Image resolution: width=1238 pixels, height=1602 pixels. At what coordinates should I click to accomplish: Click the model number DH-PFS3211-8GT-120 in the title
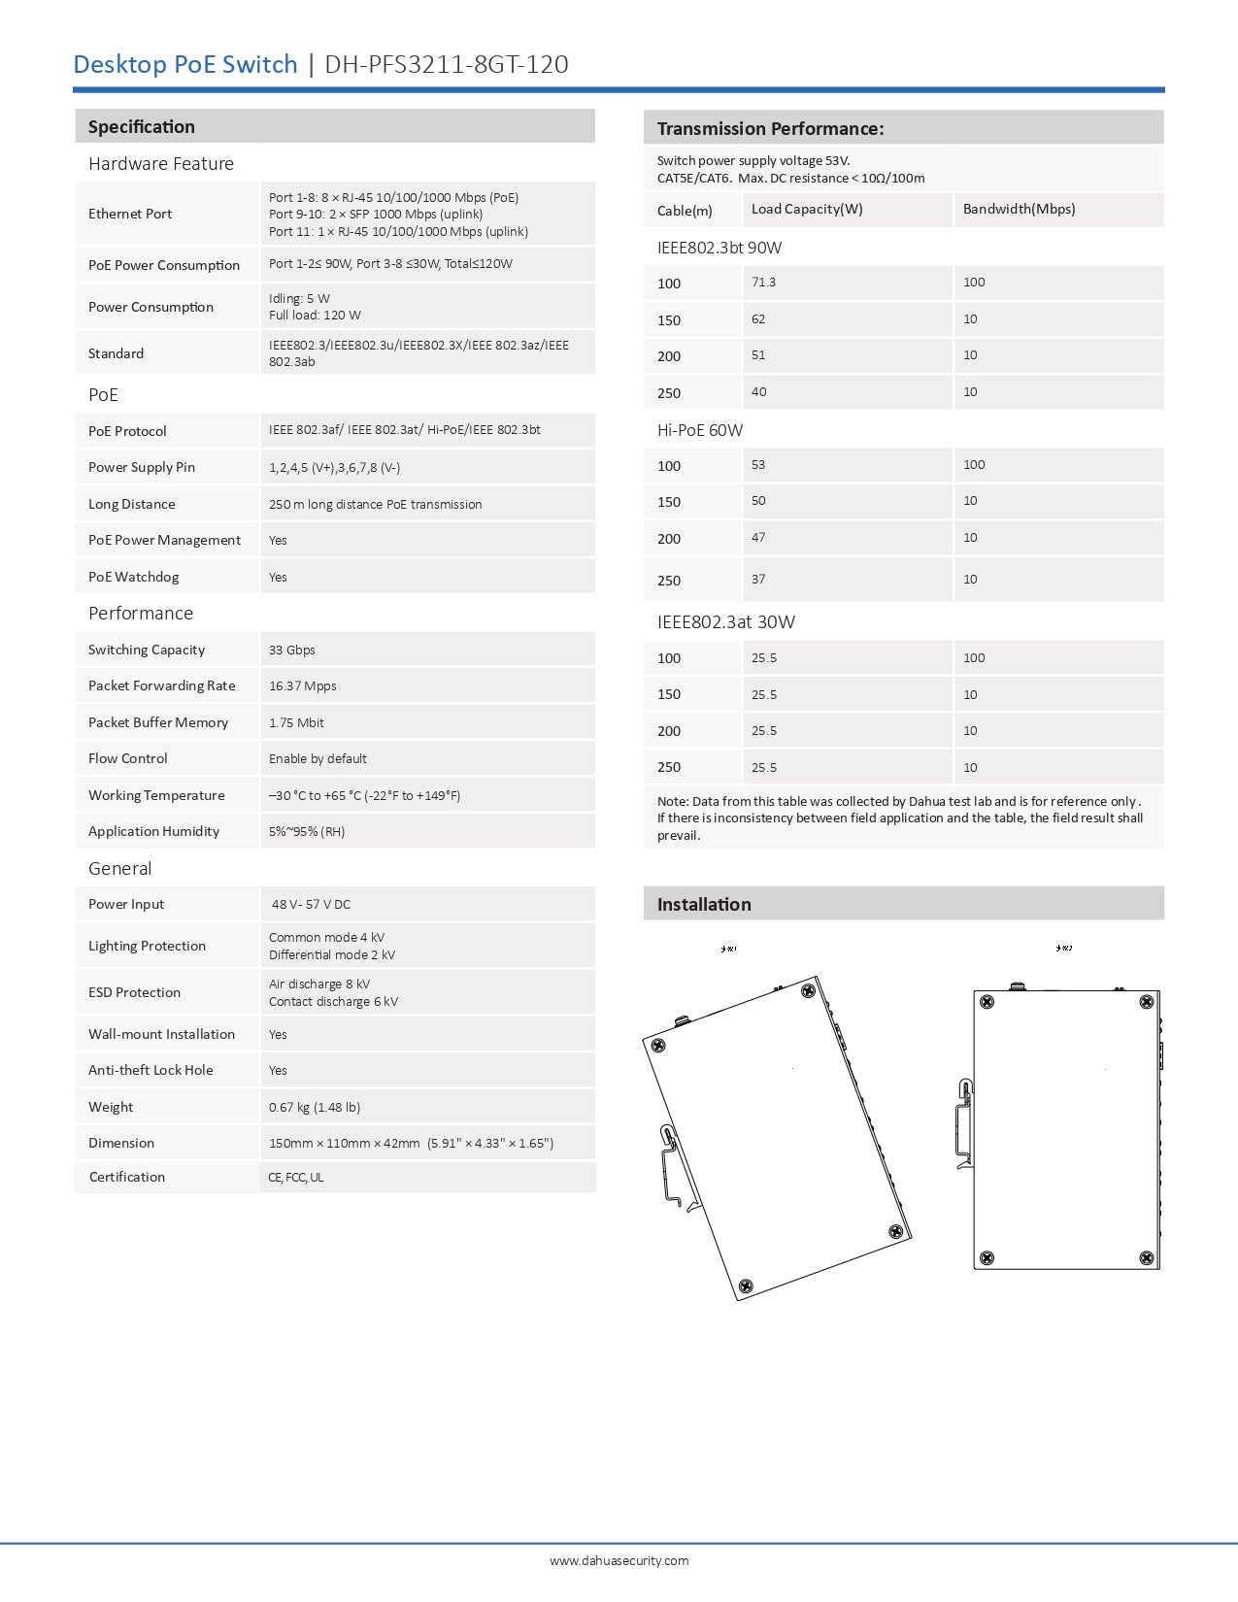tap(446, 64)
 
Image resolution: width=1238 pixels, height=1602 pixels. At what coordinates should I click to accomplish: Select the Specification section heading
tap(142, 127)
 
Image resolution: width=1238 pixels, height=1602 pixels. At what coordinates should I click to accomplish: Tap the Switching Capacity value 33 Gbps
tap(292, 650)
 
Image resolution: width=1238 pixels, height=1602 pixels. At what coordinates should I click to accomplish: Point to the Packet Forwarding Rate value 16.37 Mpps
tap(303, 685)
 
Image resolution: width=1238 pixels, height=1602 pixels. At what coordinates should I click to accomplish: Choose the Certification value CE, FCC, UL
tap(296, 1178)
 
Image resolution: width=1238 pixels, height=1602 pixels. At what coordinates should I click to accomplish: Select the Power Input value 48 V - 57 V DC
tap(311, 904)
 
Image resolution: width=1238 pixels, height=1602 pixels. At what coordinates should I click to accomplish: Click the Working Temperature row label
tap(156, 795)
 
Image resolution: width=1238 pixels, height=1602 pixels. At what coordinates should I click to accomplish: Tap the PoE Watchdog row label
tap(134, 577)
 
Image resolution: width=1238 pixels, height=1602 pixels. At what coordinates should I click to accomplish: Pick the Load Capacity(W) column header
tap(807, 209)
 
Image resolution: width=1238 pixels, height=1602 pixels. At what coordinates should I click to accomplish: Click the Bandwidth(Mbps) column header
tap(1019, 209)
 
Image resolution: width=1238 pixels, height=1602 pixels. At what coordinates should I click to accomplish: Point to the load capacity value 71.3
tap(763, 283)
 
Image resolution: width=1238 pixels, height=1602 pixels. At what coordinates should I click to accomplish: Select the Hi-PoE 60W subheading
tap(700, 430)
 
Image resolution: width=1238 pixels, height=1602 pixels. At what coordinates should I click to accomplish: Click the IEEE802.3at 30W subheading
tap(726, 622)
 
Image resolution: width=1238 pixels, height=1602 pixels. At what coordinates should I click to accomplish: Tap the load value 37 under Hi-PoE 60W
tap(758, 580)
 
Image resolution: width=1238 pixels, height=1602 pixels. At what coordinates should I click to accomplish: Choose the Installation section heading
tap(704, 905)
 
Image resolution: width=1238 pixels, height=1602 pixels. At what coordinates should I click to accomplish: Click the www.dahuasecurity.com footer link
tap(619, 1560)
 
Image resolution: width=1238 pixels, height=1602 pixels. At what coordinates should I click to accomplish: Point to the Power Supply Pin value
tap(335, 467)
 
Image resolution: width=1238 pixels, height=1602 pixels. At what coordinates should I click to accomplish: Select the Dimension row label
tap(121, 1143)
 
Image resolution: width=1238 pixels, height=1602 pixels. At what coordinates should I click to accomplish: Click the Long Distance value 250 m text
tap(376, 504)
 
